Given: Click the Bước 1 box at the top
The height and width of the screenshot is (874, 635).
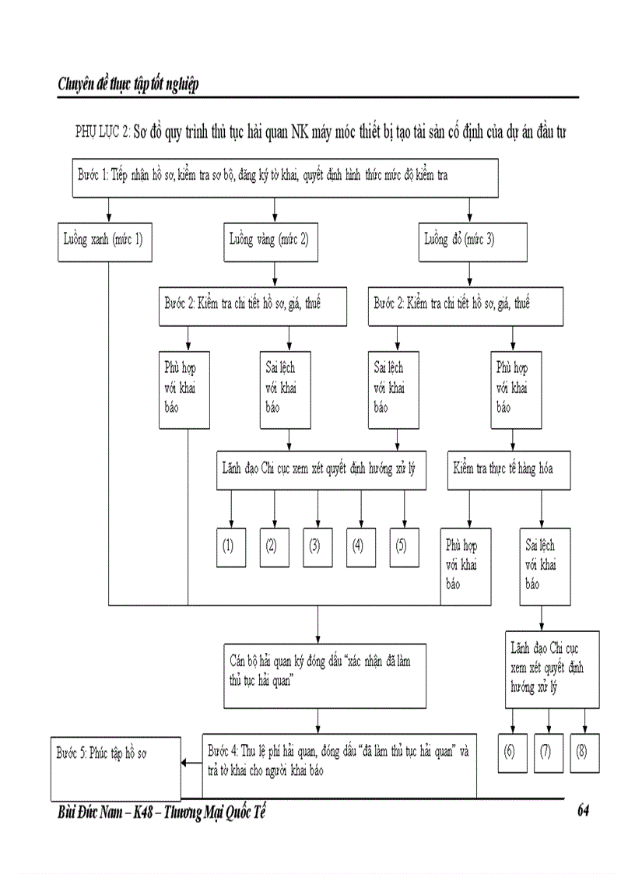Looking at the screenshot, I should pyautogui.click(x=284, y=179).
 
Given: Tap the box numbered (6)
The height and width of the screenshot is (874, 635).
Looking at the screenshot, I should pyautogui.click(x=510, y=752).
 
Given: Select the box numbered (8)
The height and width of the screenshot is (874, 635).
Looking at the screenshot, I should pyautogui.click(x=582, y=752).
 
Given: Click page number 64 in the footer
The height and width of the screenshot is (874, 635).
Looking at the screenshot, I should pyautogui.click(x=583, y=811).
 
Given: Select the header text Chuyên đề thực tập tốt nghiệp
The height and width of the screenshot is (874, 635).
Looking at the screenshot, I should pyautogui.click(x=128, y=84).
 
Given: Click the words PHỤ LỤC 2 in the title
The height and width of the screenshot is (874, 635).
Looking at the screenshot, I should pyautogui.click(x=101, y=132).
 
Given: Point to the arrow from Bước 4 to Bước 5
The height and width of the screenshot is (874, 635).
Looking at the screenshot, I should pyautogui.click(x=191, y=763).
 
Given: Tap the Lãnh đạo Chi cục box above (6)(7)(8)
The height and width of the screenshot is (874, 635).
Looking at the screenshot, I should pyautogui.click(x=552, y=669).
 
